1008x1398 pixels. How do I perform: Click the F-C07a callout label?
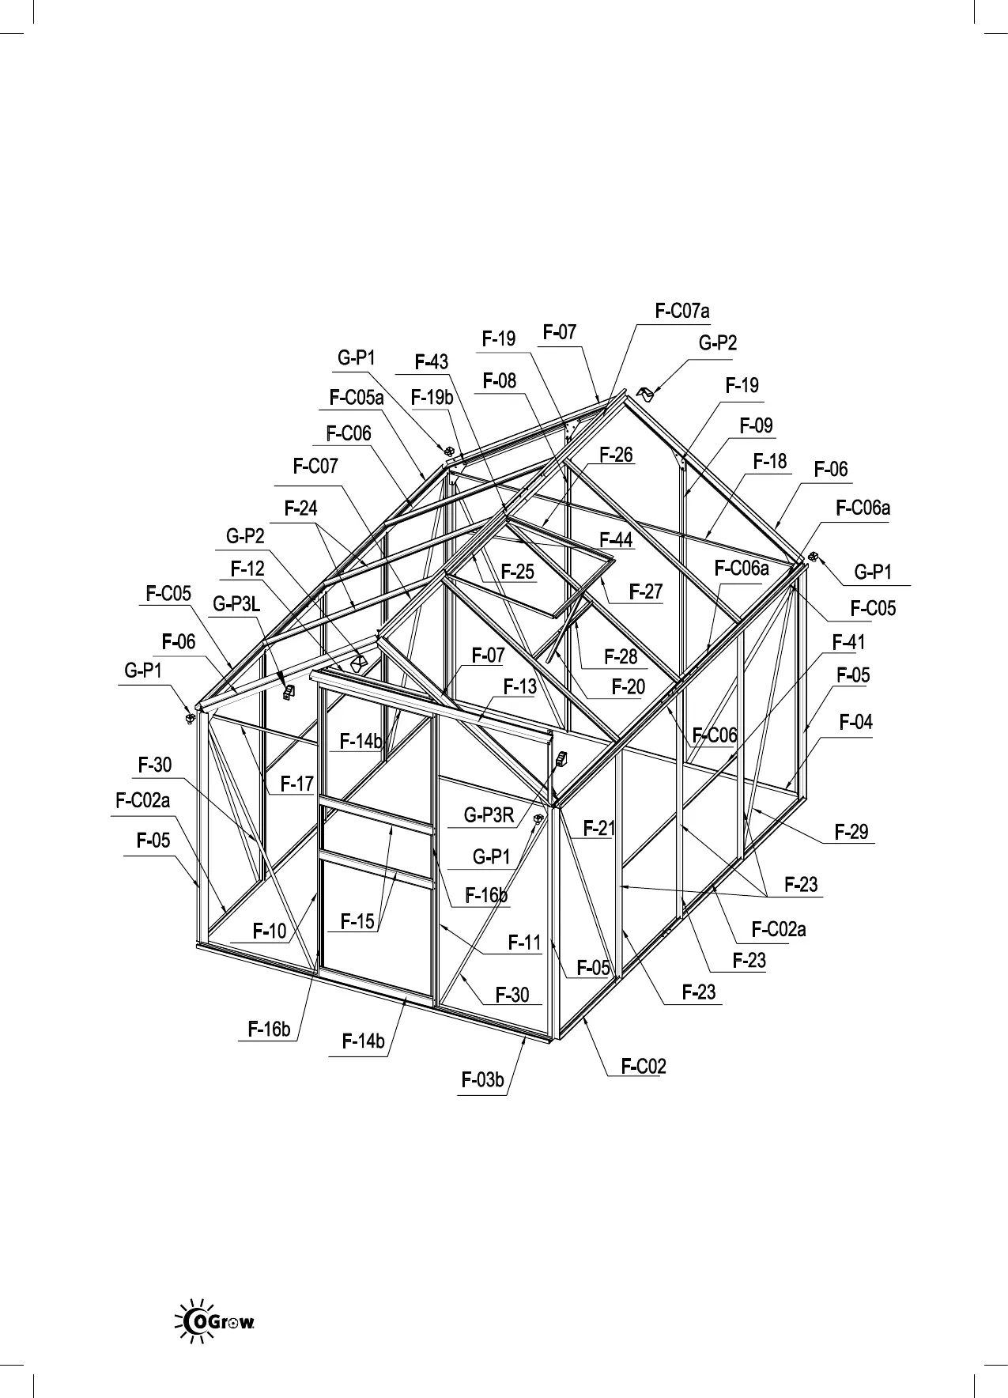[682, 312]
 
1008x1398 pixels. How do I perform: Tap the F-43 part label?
[432, 362]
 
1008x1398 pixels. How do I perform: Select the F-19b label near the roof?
[432, 398]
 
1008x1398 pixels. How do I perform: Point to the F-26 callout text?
[616, 455]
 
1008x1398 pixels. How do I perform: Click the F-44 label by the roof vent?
[616, 540]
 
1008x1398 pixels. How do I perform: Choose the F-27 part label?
[646, 591]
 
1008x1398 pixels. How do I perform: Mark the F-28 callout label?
[621, 656]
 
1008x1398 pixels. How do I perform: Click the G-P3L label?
[236, 605]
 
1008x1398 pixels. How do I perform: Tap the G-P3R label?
[489, 815]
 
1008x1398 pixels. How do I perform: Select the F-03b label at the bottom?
[482, 1079]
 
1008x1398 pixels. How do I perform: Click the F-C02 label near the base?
[644, 1066]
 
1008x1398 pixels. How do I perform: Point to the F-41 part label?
[849, 642]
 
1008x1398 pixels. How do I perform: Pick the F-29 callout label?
[851, 831]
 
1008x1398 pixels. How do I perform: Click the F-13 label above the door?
[520, 686]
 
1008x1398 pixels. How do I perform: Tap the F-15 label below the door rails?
[357, 921]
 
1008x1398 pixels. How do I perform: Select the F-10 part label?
[270, 931]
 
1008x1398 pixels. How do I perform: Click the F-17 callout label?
[297, 784]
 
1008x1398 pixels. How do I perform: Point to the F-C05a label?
[357, 398]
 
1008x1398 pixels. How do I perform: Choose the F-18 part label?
[770, 461]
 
